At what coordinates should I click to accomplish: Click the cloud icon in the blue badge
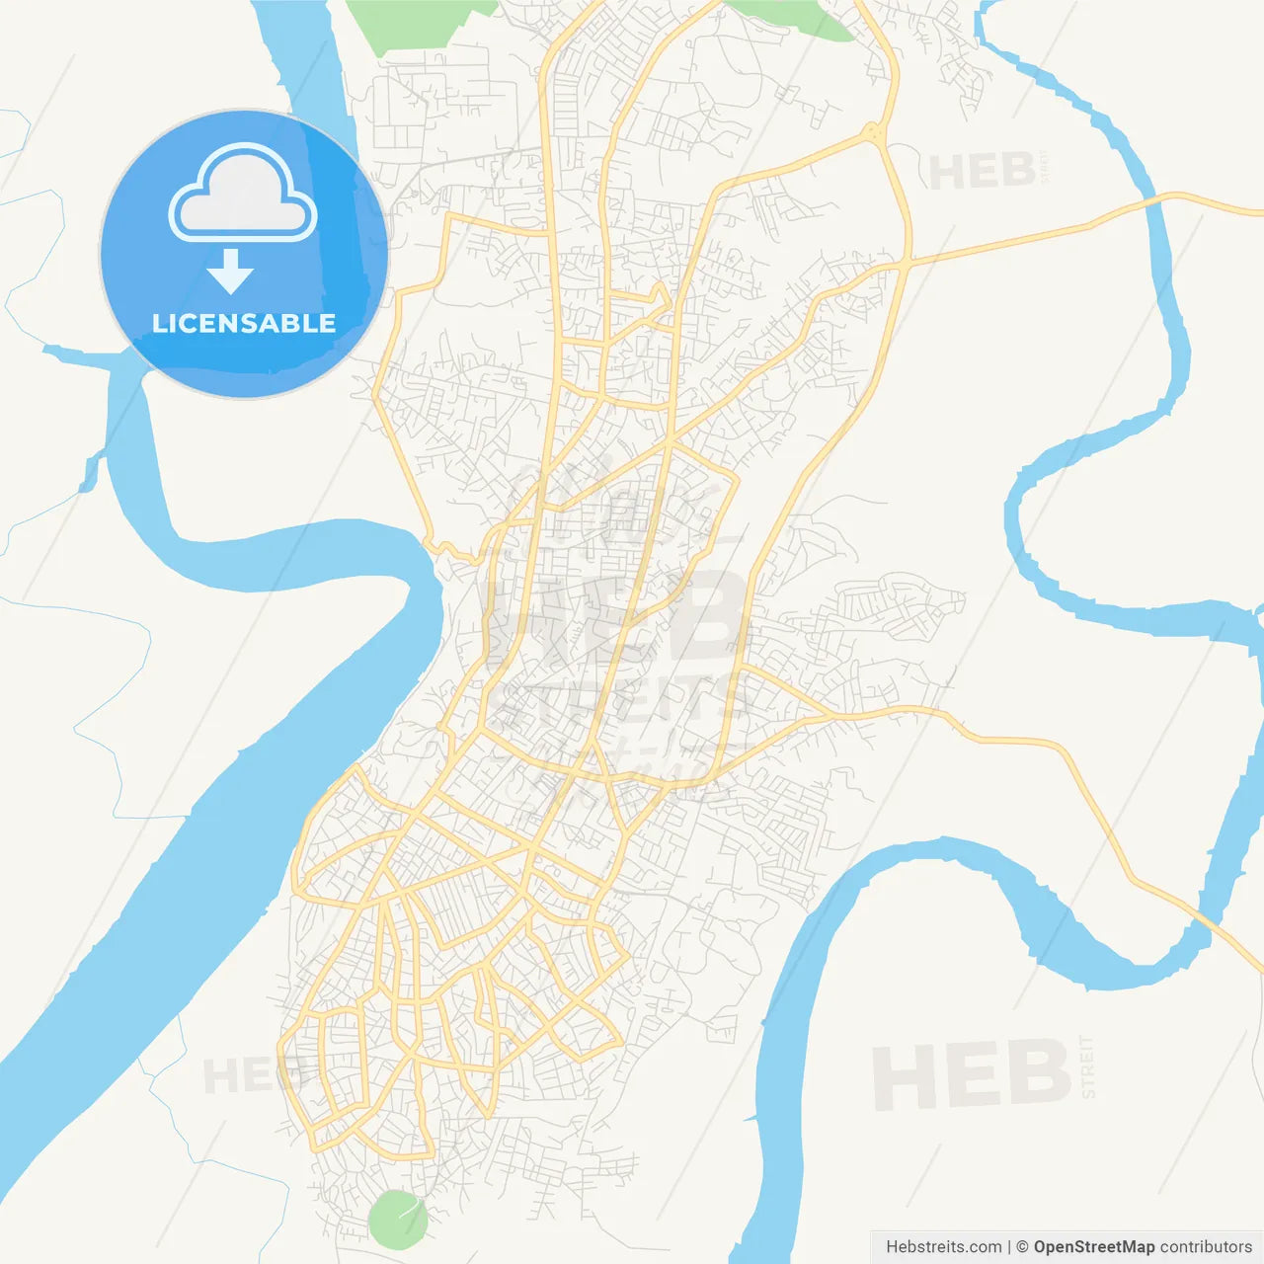tap(243, 196)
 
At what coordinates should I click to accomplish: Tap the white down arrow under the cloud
tap(231, 272)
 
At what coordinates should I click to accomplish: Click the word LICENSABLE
tap(244, 324)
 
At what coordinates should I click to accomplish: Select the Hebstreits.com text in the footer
tap(943, 1247)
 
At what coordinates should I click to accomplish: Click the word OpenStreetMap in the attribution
tap(1094, 1247)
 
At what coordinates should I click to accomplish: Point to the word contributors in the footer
tap(1206, 1247)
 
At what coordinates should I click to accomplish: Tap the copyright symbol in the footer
tap(1023, 1247)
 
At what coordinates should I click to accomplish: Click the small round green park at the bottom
tap(397, 1219)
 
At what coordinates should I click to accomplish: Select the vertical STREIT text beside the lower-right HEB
tap(1088, 1066)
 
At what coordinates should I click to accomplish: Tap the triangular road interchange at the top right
tap(871, 132)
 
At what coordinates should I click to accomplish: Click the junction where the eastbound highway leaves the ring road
tap(905, 263)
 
